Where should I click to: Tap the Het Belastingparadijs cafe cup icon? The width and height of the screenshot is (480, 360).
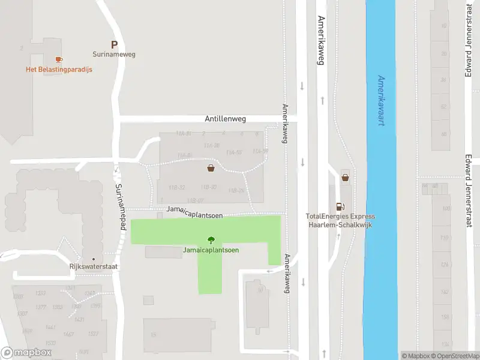[58, 59]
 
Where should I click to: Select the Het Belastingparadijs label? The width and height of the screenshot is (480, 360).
[59, 69]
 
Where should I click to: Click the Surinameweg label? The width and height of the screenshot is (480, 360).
[114, 54]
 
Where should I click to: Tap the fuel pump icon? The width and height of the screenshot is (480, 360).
[341, 206]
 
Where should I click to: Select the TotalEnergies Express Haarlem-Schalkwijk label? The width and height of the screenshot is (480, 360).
[340, 220]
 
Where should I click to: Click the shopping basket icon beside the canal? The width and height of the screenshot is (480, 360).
[345, 177]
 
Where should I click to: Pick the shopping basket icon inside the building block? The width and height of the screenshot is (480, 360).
[211, 168]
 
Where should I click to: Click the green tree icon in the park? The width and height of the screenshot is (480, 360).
[211, 240]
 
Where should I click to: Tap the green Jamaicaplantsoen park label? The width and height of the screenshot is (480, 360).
[211, 250]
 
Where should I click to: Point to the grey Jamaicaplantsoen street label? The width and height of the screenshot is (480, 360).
[195, 210]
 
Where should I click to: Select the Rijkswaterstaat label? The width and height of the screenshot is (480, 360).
[93, 268]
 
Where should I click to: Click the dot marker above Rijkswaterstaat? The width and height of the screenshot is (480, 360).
[93, 259]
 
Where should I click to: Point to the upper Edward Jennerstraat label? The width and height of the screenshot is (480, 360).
[469, 42]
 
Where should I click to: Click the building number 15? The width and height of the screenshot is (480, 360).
[154, 335]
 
